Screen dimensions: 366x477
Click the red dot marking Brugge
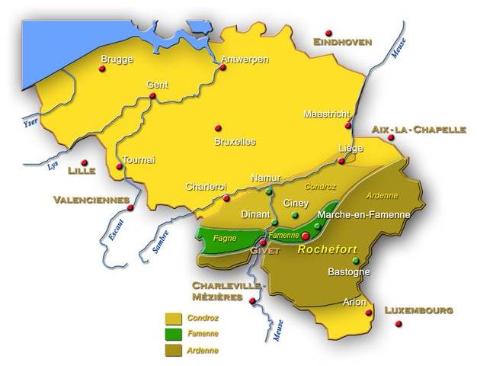point(102,69)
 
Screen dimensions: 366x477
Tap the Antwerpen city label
point(244,59)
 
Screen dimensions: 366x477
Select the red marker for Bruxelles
point(218,127)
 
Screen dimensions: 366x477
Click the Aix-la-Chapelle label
point(418,130)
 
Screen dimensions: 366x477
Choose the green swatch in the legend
point(174,333)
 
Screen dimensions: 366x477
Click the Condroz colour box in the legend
point(174,317)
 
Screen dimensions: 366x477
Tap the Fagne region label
point(224,238)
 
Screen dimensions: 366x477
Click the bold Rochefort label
point(327,249)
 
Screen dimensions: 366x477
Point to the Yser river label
point(31,121)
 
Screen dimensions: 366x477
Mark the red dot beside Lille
point(85,162)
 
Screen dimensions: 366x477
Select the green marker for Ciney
point(294,216)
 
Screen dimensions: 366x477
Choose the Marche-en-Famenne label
point(363,215)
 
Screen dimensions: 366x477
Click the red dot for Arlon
point(369,312)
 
